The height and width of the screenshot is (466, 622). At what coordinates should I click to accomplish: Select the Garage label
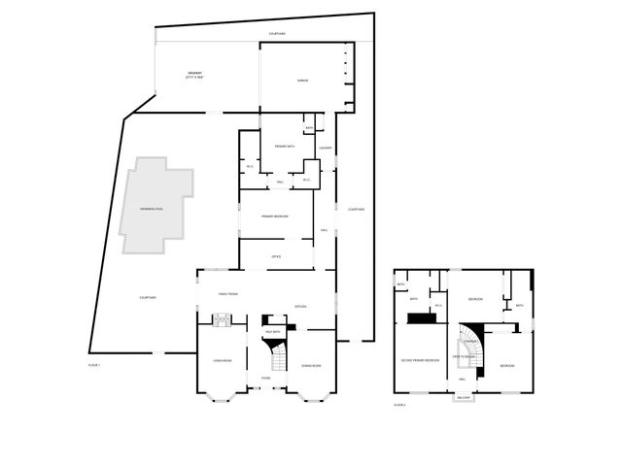pos(302,81)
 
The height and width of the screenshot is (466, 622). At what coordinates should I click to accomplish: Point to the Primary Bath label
pos(284,146)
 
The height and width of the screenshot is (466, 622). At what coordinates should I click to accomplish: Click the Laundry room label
pos(327,149)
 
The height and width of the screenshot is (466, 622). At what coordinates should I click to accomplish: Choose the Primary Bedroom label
pos(274,216)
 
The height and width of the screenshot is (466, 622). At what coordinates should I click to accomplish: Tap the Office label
pos(275,255)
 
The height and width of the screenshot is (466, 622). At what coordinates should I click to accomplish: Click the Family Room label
pos(228,293)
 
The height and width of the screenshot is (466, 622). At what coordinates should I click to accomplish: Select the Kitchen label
pos(301,306)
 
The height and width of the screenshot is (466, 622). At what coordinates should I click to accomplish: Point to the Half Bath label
pos(273,332)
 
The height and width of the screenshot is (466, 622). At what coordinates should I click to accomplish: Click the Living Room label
pos(222,360)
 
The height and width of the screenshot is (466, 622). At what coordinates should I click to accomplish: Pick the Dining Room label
pos(311,364)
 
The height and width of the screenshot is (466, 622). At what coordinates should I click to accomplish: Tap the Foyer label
pos(265,378)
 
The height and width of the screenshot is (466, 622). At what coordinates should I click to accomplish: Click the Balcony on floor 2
pos(464,397)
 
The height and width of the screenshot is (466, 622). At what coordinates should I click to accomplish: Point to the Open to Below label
pos(464,357)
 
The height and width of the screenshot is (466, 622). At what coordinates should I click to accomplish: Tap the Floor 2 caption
pos(399,405)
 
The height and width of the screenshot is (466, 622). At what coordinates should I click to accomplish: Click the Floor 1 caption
pos(94,364)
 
